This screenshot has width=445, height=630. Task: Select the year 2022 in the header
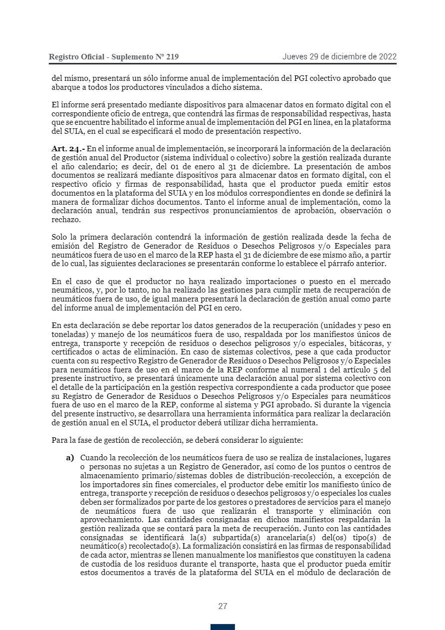[387, 56]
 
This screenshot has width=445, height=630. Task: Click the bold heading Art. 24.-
[68, 149]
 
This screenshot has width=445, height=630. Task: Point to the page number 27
[222, 607]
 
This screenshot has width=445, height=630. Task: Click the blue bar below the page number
[222, 627]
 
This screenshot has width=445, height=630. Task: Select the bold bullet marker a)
[70, 457]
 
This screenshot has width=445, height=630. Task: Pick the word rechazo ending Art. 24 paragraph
[65, 220]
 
